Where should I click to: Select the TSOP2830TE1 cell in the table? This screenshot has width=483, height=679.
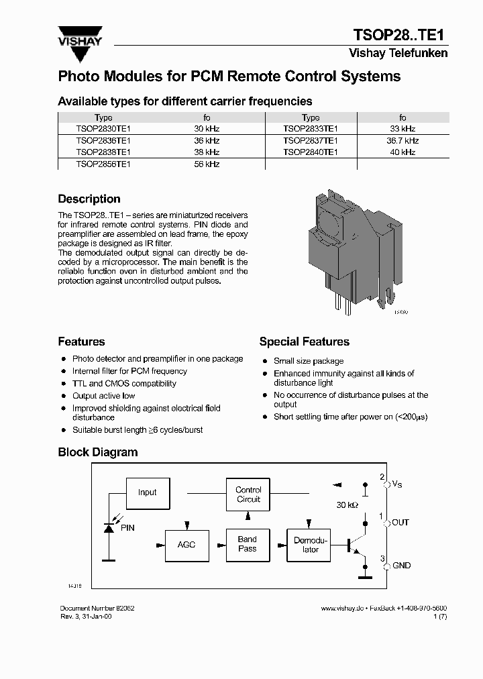click(103, 128)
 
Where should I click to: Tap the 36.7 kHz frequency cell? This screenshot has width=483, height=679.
click(402, 140)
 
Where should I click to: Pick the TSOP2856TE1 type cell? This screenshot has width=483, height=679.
click(103, 164)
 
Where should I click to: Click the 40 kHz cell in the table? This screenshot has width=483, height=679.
click(402, 152)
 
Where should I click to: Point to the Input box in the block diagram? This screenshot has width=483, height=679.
click(147, 492)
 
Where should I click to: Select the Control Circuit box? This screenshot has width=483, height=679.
click(248, 494)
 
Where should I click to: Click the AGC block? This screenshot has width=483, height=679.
click(186, 544)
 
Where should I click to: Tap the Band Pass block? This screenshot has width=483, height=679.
click(248, 543)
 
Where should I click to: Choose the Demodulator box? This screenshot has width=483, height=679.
click(311, 545)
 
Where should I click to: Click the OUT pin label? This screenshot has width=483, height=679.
click(400, 523)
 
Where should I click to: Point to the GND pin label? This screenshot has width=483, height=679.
click(401, 566)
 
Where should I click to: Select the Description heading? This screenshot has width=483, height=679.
click(89, 199)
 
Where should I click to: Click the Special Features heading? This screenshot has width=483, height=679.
click(304, 342)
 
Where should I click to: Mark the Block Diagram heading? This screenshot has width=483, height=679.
click(98, 452)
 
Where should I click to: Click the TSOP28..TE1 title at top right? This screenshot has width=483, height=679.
click(399, 35)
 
